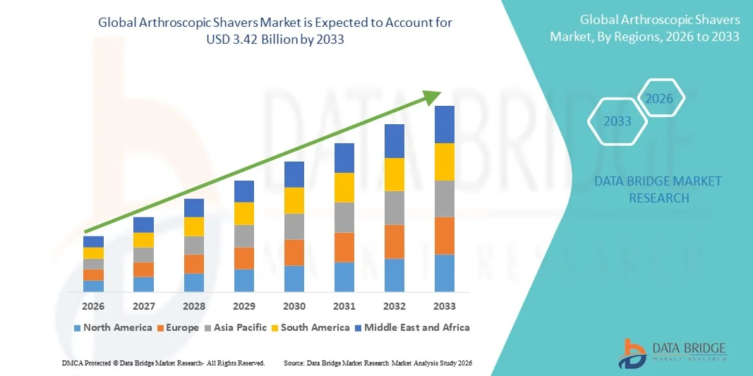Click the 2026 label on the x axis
point(93,306)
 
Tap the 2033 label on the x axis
point(445,306)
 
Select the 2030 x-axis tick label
point(294,306)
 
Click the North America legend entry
point(113,327)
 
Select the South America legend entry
point(310,327)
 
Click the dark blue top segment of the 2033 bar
point(445,124)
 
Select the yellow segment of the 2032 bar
point(394,174)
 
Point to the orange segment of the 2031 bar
point(344,247)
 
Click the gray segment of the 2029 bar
point(244,236)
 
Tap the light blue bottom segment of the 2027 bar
point(143,284)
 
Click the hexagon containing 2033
point(618,121)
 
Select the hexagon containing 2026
point(660,99)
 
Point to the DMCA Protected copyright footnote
point(163,363)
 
